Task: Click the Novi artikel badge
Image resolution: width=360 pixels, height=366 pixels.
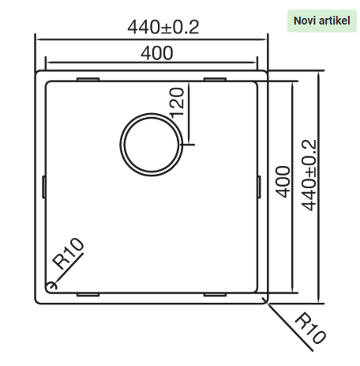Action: point(321,21)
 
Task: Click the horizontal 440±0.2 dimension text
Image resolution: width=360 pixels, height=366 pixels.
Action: point(163,27)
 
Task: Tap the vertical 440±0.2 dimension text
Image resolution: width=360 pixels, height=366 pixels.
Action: point(309,175)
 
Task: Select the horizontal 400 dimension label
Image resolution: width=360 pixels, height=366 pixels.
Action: point(157,53)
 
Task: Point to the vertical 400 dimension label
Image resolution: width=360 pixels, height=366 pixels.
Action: point(283,182)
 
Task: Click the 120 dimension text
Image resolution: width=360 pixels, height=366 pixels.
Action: point(177,103)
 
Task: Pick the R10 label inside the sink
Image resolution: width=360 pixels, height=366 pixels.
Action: point(68,254)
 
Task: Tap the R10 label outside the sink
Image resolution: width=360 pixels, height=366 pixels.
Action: point(310,328)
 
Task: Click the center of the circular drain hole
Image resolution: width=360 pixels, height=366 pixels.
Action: point(151,145)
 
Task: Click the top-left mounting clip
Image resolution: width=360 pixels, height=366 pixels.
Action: point(88,79)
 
